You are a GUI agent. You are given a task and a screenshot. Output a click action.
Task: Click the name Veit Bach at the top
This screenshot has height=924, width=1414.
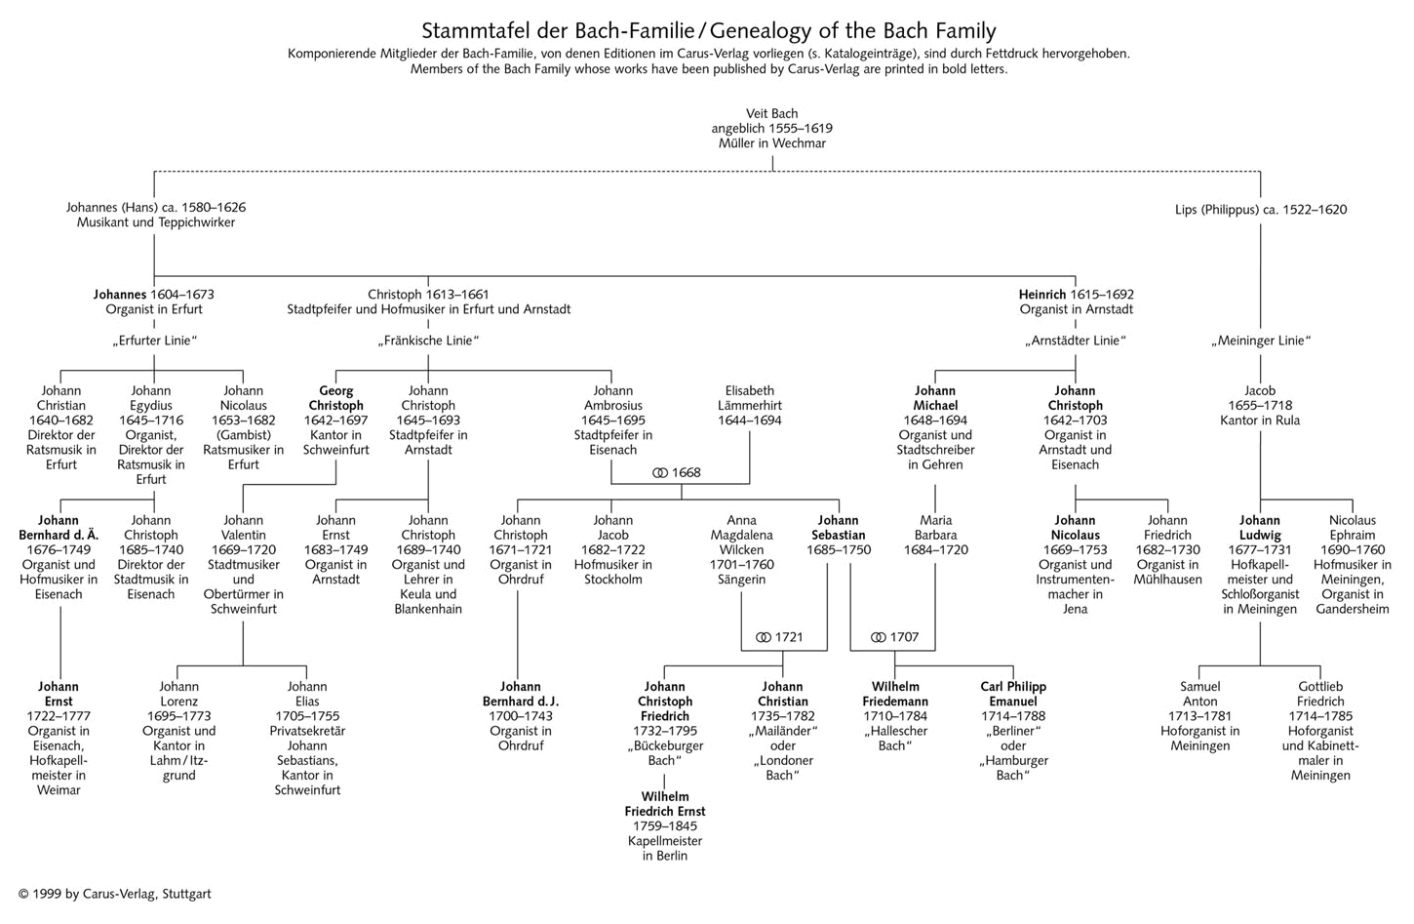pyautogui.click(x=771, y=114)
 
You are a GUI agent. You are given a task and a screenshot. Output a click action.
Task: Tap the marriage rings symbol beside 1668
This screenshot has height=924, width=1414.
pyautogui.click(x=660, y=473)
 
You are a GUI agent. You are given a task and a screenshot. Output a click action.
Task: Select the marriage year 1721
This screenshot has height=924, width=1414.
pyautogui.click(x=789, y=638)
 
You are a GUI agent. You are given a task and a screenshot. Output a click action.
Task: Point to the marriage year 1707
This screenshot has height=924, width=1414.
pyautogui.click(x=904, y=638)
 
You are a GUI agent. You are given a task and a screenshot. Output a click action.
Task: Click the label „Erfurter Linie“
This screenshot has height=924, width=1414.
pyautogui.click(x=154, y=341)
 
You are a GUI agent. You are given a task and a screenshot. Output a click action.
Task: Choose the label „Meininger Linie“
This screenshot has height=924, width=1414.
pyautogui.click(x=1260, y=341)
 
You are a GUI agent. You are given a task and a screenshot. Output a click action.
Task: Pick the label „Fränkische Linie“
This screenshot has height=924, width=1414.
pyautogui.click(x=428, y=341)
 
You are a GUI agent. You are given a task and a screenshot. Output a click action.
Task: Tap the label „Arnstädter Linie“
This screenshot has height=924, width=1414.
pyautogui.click(x=1076, y=341)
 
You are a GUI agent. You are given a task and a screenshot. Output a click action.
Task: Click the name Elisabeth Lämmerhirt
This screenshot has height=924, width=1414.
pyautogui.click(x=749, y=398)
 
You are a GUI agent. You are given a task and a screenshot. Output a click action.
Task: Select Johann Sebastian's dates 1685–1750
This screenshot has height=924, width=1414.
pyautogui.click(x=838, y=550)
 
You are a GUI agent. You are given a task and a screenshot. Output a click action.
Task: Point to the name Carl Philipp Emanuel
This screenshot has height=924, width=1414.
pyautogui.click(x=1012, y=694)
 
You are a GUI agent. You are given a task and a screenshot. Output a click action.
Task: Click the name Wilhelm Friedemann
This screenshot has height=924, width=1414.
pyautogui.click(x=895, y=694)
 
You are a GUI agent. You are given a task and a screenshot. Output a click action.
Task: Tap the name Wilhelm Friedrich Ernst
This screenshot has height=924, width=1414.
pyautogui.click(x=664, y=804)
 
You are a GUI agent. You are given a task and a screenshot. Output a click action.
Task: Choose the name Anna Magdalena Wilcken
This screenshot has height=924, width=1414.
pyautogui.click(x=741, y=536)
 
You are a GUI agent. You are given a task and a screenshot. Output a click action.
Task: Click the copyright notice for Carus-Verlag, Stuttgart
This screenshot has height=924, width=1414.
pyautogui.click(x=114, y=894)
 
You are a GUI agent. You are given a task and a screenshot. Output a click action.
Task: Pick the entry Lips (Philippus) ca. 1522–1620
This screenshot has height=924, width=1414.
pyautogui.click(x=1260, y=210)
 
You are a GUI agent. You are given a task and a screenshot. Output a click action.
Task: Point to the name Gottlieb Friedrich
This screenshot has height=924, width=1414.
pyautogui.click(x=1320, y=694)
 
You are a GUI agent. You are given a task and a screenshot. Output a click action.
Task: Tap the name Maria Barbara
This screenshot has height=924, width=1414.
pyautogui.click(x=935, y=528)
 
